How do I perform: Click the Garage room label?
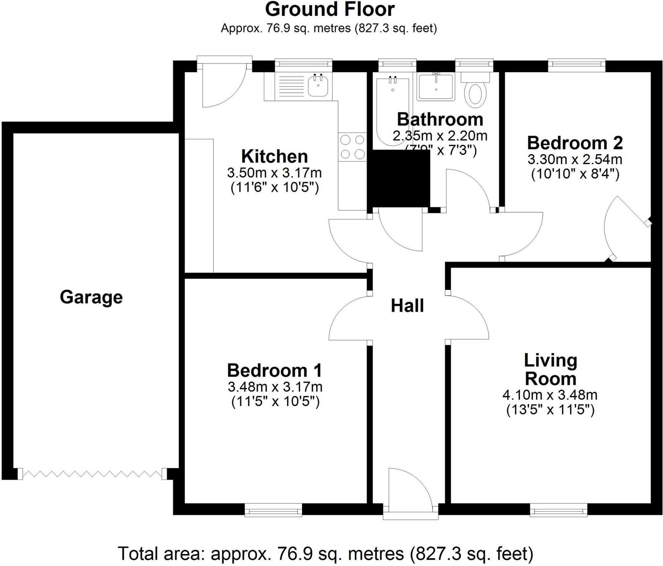click(x=91, y=297)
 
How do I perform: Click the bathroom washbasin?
click(x=436, y=87)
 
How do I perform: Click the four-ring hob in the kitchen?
click(x=352, y=147)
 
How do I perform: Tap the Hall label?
click(x=407, y=306)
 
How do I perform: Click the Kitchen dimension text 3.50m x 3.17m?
click(x=274, y=173)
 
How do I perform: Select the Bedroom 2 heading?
click(x=575, y=143)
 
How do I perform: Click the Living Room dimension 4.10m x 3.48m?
click(x=550, y=395)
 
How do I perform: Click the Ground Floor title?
click(x=330, y=9)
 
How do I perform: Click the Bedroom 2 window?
click(x=576, y=65)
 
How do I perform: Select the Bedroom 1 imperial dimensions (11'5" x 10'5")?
click(x=275, y=402)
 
